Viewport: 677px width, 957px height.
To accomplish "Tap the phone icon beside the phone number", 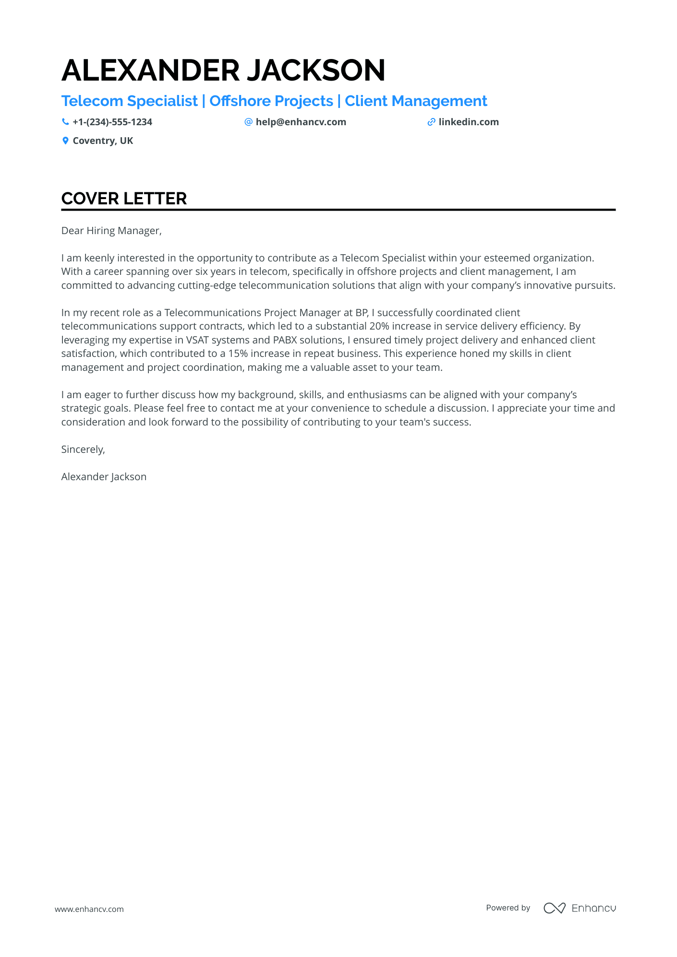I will click(65, 122).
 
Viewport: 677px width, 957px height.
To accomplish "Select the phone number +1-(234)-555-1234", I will click(112, 122).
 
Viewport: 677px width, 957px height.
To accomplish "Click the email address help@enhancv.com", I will click(301, 122).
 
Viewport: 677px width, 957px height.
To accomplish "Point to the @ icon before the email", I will click(248, 122).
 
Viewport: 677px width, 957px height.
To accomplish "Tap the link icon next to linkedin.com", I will click(431, 122).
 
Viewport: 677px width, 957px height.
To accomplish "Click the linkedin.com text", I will click(469, 122).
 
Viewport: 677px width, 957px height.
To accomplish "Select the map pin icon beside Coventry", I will click(65, 141).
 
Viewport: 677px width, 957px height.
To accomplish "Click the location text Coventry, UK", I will click(103, 141).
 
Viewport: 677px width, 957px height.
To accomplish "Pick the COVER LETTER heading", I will click(124, 199).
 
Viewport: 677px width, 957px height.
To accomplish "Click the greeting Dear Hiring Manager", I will click(111, 231).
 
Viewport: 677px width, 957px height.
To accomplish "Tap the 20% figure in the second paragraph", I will click(379, 326).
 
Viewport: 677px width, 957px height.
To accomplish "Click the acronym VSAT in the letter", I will click(197, 340).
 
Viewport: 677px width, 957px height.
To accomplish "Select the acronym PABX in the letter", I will click(285, 340).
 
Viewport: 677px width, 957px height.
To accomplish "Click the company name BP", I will click(362, 313).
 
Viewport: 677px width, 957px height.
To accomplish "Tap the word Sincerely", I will click(83, 449).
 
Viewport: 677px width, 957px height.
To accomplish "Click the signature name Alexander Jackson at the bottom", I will click(104, 477).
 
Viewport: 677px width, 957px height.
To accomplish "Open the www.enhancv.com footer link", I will click(89, 909).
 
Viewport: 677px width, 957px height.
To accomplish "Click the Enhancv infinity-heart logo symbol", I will click(555, 908).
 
